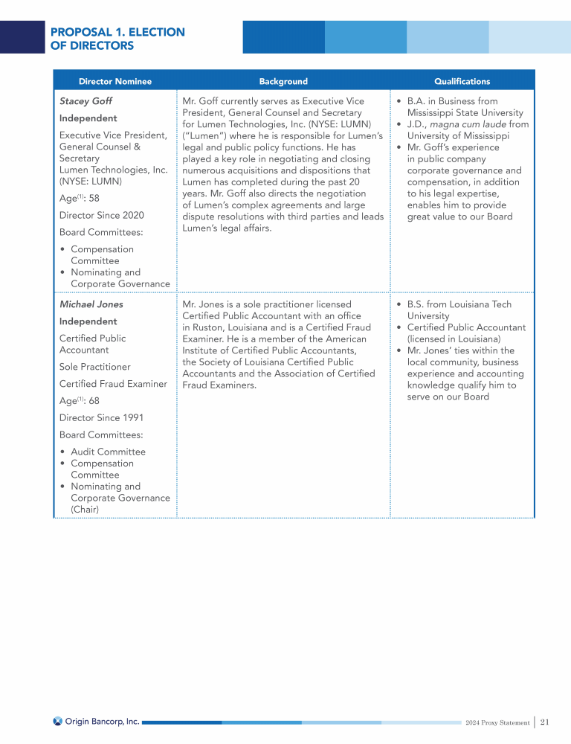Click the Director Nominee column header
(115, 81)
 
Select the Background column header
(283, 81)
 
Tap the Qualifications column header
(462, 81)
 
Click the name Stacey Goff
(86, 101)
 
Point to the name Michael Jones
(91, 304)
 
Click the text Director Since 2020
(101, 215)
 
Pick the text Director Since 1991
(101, 418)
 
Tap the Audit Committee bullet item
(108, 452)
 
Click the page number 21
(545, 722)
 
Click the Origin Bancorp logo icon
(58, 721)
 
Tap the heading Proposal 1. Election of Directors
(117, 39)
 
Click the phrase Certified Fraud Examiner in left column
(113, 384)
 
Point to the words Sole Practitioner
(94, 367)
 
